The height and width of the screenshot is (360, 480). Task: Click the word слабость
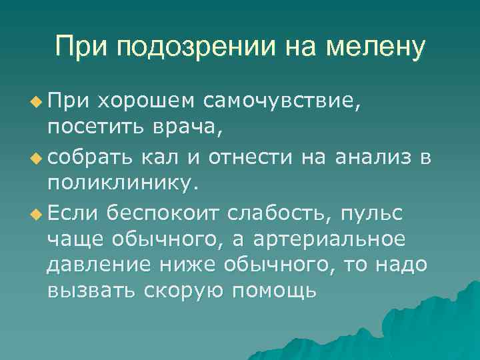tap(279, 214)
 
